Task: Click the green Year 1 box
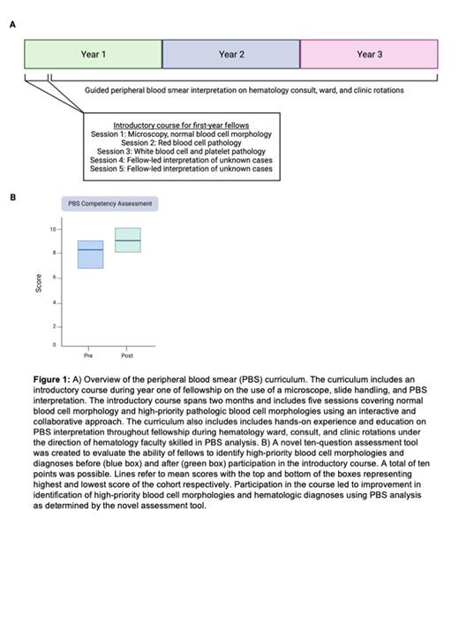(x=93, y=54)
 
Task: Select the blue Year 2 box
(x=231, y=54)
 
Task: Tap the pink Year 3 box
(x=369, y=54)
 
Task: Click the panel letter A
(x=12, y=25)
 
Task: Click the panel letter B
(x=12, y=197)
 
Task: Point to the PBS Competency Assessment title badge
(x=110, y=203)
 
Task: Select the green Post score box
(x=127, y=240)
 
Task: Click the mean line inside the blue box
(x=90, y=250)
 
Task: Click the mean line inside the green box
(x=127, y=240)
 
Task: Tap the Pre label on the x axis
(x=88, y=355)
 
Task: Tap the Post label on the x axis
(x=127, y=355)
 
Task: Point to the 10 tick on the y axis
(x=53, y=229)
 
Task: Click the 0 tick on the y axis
(x=53, y=344)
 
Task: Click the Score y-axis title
(x=38, y=284)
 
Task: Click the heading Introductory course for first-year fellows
(x=182, y=125)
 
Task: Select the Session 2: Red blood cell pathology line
(x=182, y=142)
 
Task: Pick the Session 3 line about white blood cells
(x=182, y=151)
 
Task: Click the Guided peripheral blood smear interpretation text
(x=245, y=90)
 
